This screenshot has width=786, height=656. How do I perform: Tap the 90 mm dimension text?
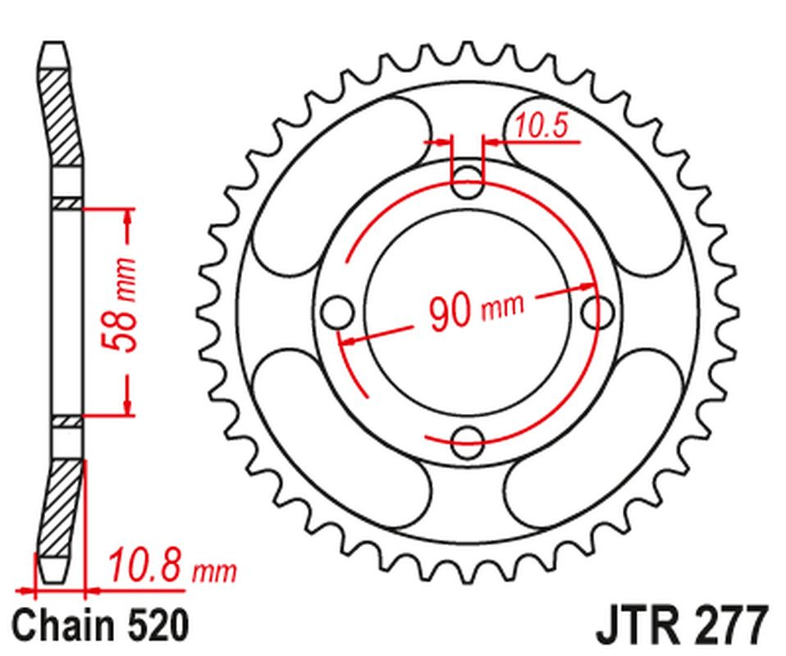(477, 309)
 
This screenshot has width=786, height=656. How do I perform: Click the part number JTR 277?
(683, 625)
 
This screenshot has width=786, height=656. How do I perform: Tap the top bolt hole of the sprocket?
(467, 182)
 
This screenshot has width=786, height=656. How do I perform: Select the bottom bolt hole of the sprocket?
(467, 442)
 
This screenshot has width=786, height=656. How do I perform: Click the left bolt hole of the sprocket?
(337, 312)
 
